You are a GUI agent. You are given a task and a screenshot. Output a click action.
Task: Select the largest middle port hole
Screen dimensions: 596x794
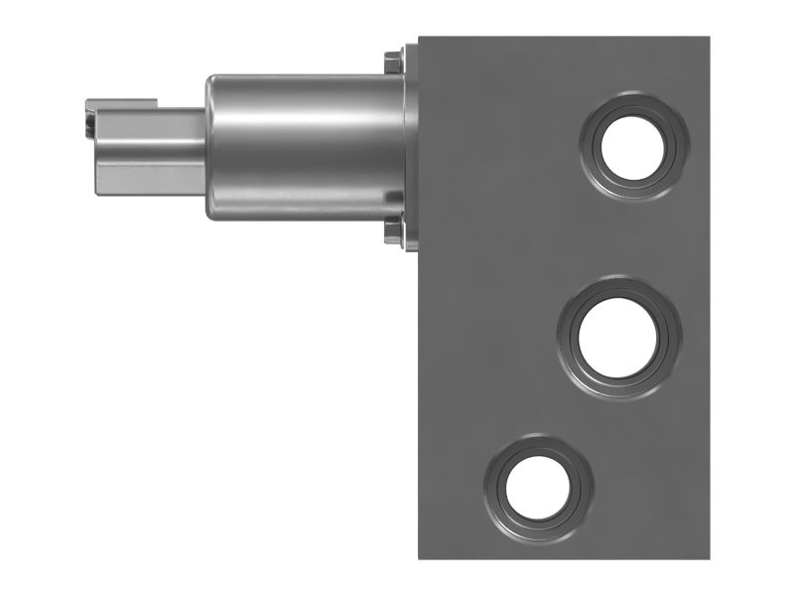click(619, 339)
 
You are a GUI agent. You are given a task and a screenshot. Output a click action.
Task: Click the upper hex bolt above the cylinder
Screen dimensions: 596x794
click(392, 63)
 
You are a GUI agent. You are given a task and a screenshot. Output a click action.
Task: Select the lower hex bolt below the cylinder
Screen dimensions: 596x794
click(392, 234)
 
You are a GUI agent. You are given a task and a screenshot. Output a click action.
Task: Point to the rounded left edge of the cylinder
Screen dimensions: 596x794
click(209, 149)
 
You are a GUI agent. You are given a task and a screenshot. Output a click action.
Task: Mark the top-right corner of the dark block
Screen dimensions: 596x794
click(708, 39)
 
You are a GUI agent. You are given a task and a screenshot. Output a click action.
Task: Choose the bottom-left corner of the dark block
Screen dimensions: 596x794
click(420, 557)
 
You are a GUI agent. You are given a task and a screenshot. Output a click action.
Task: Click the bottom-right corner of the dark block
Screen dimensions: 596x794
click(708, 557)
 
